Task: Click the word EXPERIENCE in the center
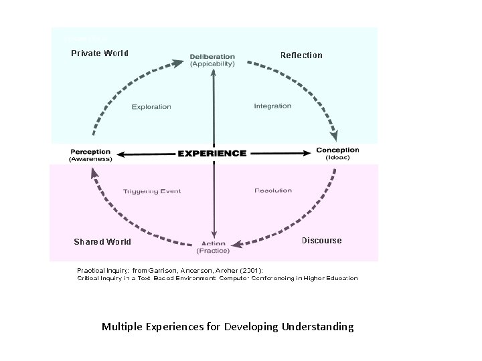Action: pos(212,153)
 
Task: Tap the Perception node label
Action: pos(91,150)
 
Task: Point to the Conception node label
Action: pos(337,150)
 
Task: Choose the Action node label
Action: pos(213,243)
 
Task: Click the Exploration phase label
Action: pos(151,106)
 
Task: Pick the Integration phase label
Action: pos(273,106)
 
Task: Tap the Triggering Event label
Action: pos(152,191)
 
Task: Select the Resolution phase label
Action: pos(273,191)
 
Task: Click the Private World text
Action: pos(100,53)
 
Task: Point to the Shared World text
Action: pos(102,241)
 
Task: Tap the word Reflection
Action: pos(301,55)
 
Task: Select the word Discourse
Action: pos(321,241)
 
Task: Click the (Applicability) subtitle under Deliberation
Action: pos(213,64)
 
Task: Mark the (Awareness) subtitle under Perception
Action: pos(91,158)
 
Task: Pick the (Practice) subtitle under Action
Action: pos(213,251)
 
